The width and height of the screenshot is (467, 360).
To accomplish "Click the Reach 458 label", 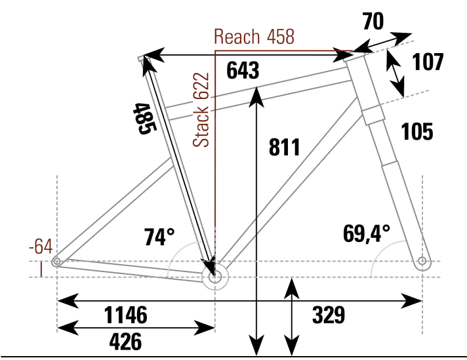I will (254, 37).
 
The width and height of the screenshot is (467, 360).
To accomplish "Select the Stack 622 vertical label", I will (202, 110).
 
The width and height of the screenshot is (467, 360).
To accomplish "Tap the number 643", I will (243, 71).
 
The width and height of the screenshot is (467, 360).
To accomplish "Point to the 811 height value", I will (284, 148).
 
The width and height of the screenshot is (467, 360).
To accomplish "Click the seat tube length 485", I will (144, 119).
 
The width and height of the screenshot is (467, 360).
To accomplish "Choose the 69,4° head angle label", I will (366, 232).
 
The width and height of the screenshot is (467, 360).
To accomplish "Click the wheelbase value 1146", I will (125, 315).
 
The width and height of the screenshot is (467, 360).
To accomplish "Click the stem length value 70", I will (373, 22).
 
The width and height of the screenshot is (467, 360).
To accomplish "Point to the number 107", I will (428, 62).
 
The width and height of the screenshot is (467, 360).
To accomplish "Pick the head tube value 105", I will (417, 132).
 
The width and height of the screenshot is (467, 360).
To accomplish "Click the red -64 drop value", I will (40, 247).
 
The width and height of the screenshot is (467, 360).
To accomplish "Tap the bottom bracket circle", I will (215, 277).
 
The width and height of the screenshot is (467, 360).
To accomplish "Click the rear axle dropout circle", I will (56, 262).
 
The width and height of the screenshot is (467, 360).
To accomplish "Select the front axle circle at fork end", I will (422, 262).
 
